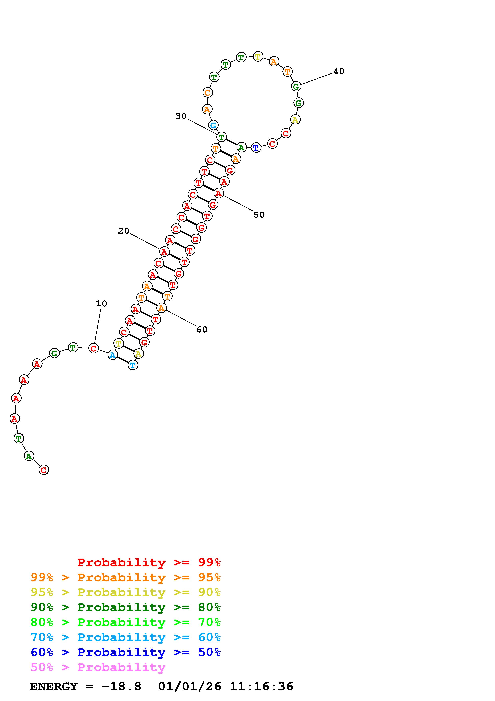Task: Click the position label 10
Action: pos(102,304)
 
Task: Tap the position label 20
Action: pos(124,231)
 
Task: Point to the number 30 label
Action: pos(181,116)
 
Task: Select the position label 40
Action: pos(339,71)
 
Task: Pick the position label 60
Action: pos(202,330)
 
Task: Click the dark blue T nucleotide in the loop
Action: pos(256,148)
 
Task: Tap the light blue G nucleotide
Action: pos(213,125)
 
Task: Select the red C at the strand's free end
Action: pos(44,470)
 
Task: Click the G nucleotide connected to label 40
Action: pos(296,86)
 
